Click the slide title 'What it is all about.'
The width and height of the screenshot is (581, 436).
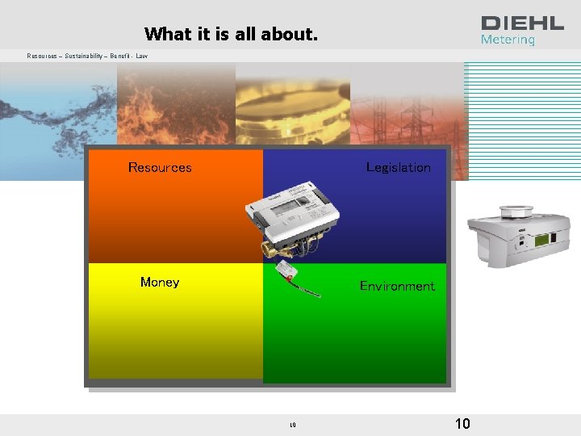click(x=231, y=34)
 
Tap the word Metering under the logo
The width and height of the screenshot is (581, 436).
click(x=508, y=40)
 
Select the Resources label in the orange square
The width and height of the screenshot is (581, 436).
click(x=160, y=168)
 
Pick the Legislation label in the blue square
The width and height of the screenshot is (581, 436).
click(x=398, y=167)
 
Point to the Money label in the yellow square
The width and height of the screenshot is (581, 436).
click(x=160, y=282)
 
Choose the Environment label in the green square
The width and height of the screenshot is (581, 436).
click(x=397, y=286)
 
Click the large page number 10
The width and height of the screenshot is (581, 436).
click(x=462, y=424)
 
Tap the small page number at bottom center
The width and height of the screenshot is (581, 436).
click(x=294, y=425)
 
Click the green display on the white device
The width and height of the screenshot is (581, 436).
click(x=546, y=240)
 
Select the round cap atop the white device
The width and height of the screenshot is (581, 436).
click(x=514, y=212)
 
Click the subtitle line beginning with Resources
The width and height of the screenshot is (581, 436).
click(x=87, y=56)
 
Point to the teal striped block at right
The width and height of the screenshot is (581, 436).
click(x=523, y=121)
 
